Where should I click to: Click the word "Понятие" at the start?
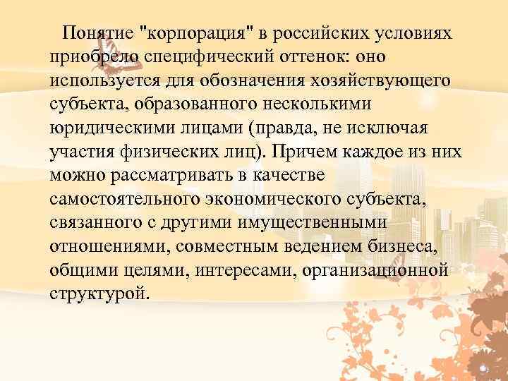[x=98, y=33]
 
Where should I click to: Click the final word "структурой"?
[x=98, y=296]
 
